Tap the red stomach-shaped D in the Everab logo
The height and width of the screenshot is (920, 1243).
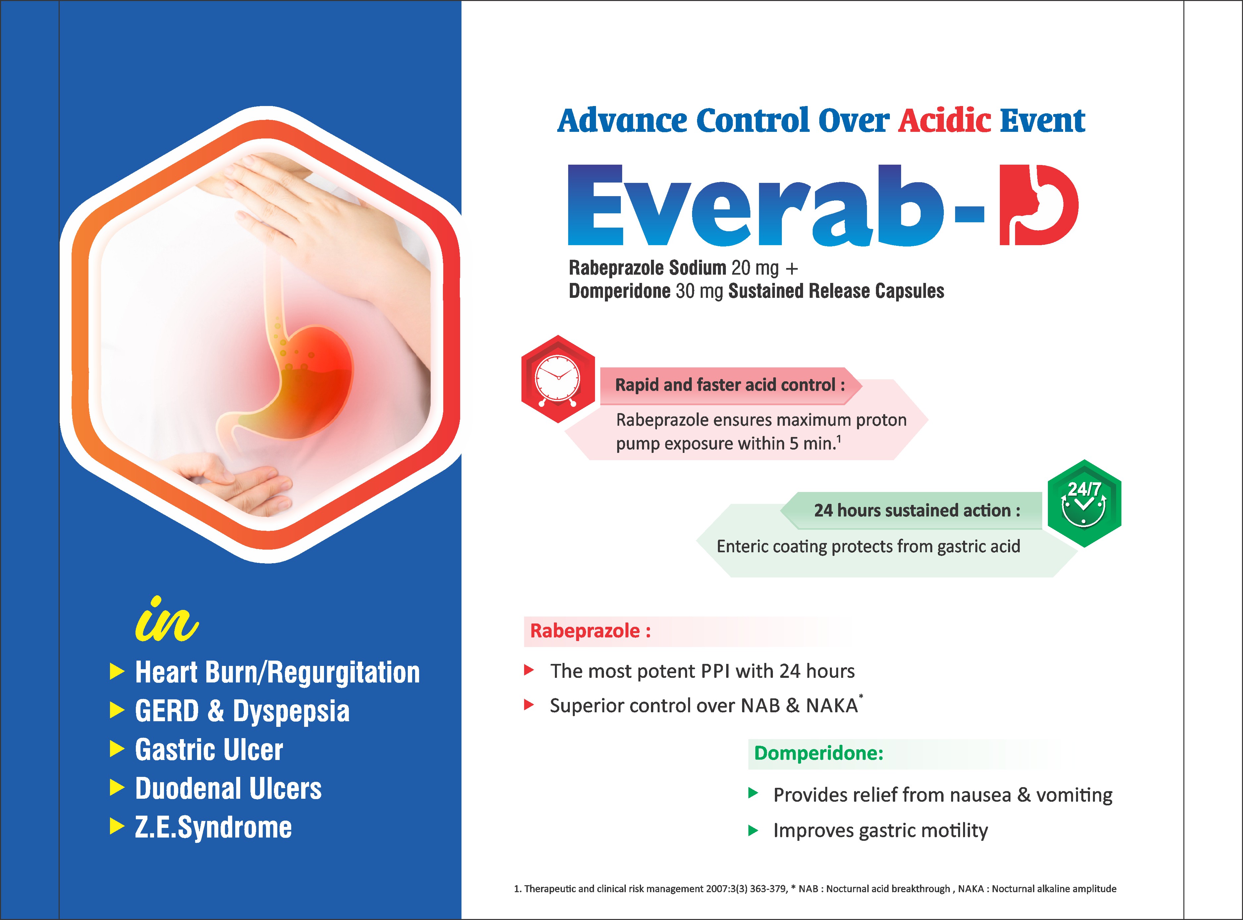pyautogui.click(x=1038, y=205)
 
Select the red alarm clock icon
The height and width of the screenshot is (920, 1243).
pyautogui.click(x=558, y=379)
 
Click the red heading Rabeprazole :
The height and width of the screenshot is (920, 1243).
pyautogui.click(x=590, y=631)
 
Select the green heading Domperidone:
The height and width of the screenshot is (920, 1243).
pyautogui.click(x=819, y=753)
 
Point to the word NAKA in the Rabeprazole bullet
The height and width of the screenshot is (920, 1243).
pyautogui.click(x=832, y=706)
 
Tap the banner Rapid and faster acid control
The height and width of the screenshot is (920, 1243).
pyautogui.click(x=730, y=385)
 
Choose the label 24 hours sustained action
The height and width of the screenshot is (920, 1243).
pyautogui.click(x=917, y=511)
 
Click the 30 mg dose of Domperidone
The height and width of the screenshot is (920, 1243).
pyautogui.click(x=699, y=291)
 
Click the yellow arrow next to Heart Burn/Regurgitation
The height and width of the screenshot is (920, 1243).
pyautogui.click(x=117, y=672)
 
